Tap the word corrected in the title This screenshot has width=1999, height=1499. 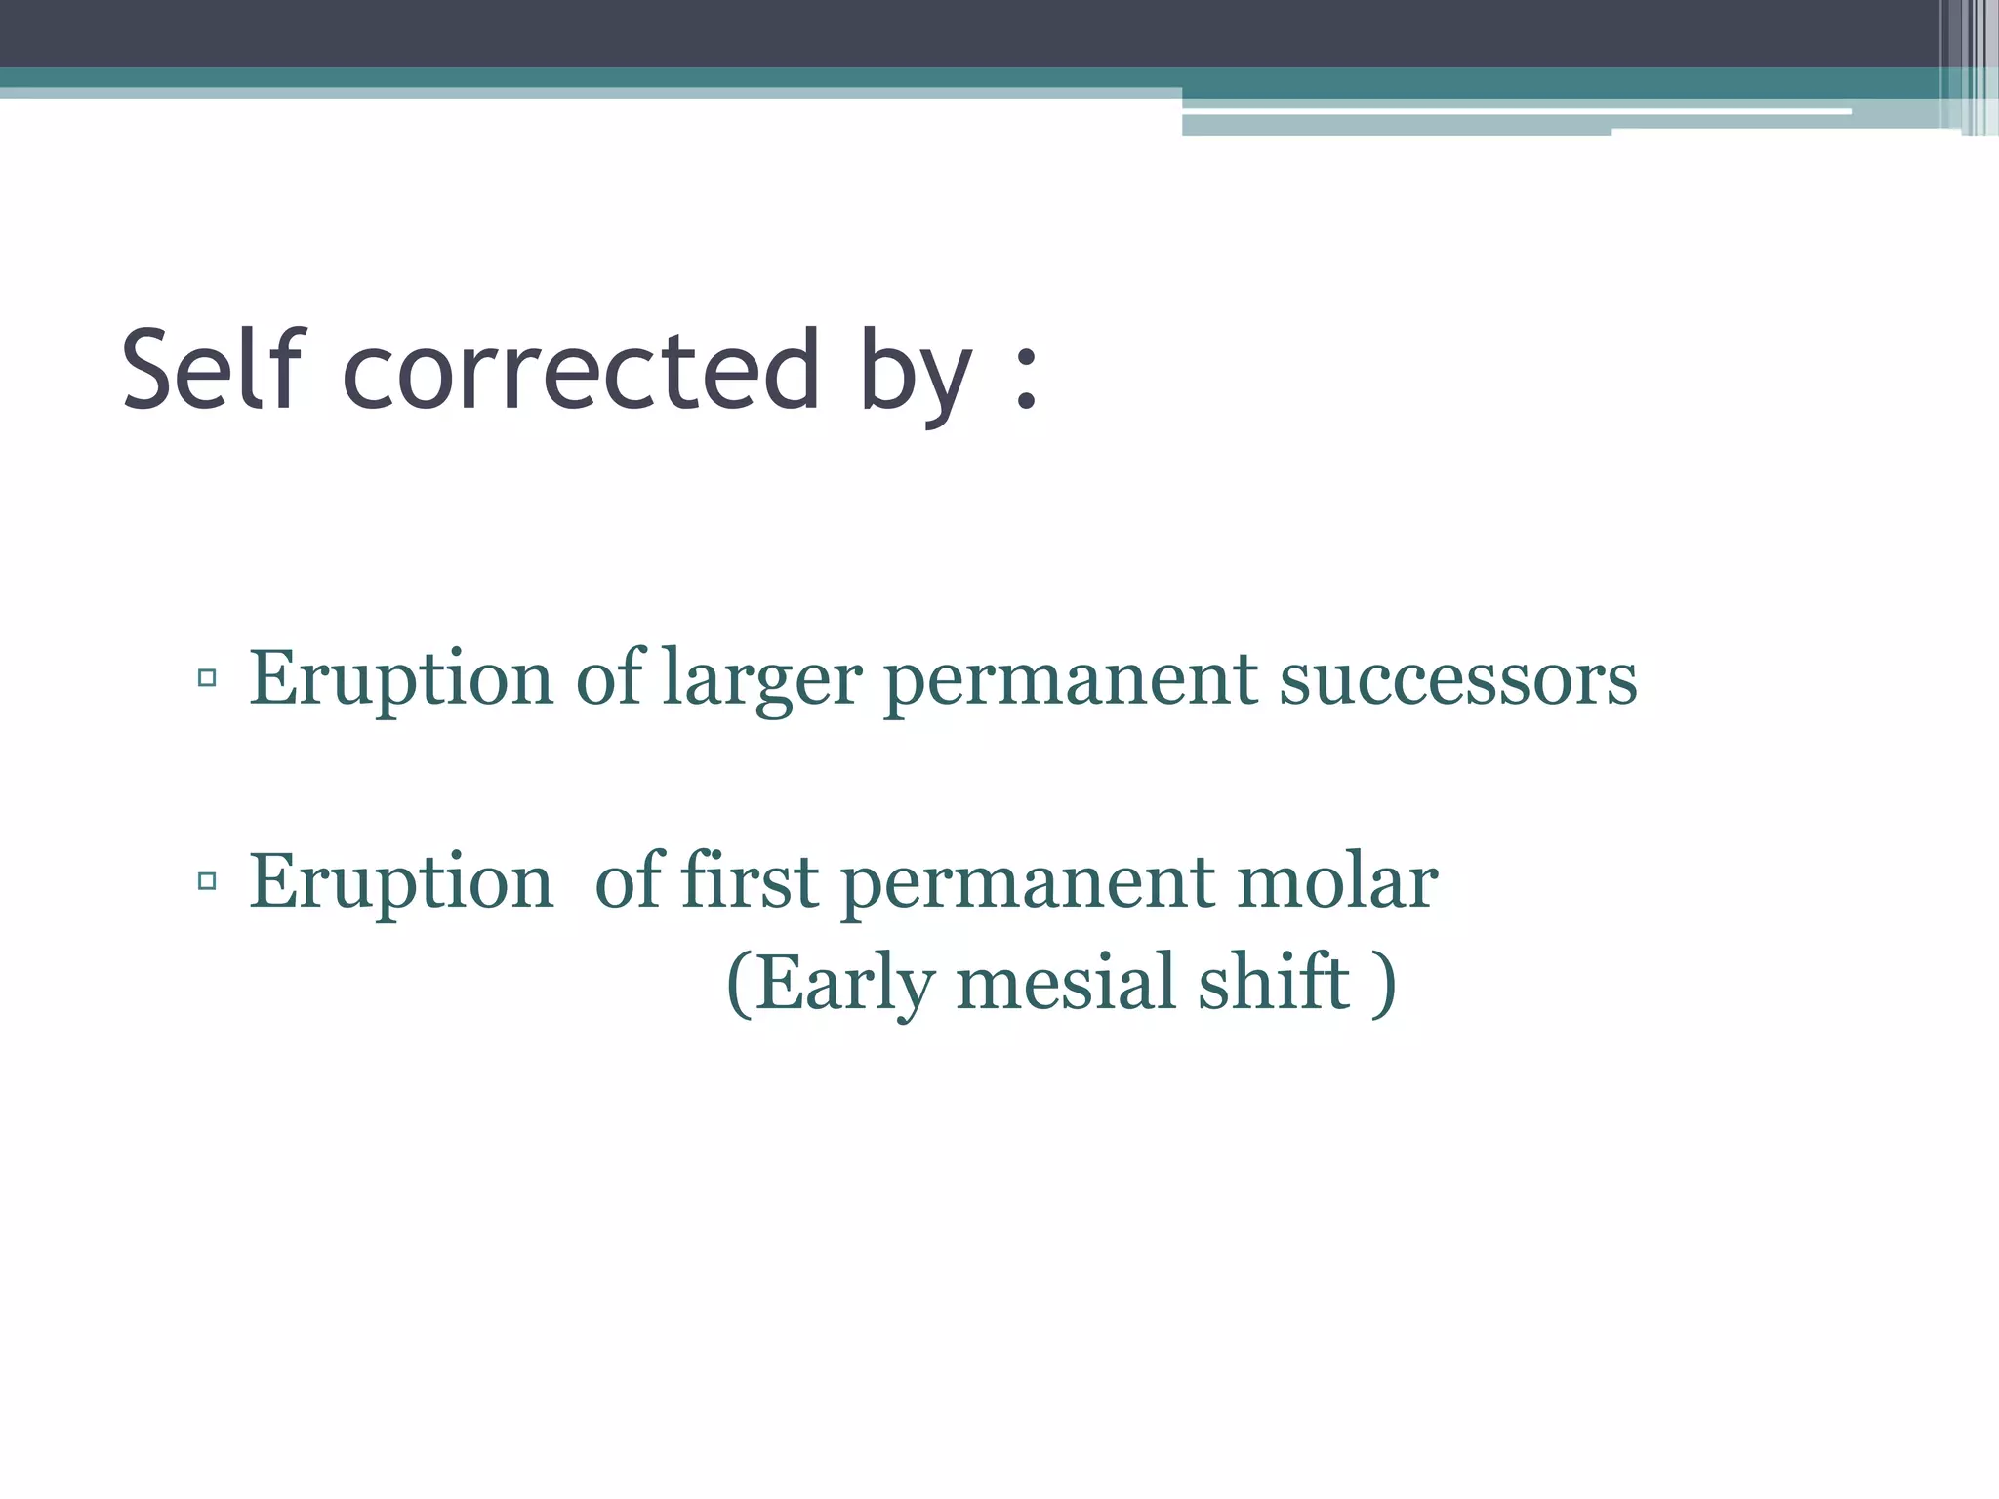point(581,371)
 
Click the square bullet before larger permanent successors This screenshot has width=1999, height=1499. point(206,677)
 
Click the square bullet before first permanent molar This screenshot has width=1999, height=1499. point(206,881)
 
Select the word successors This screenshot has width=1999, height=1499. point(1458,679)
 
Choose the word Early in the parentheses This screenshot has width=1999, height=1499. point(845,984)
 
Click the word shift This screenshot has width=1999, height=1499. point(1274,982)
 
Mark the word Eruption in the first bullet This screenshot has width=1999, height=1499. point(401,679)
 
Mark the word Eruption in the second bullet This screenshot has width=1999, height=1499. point(401,882)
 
